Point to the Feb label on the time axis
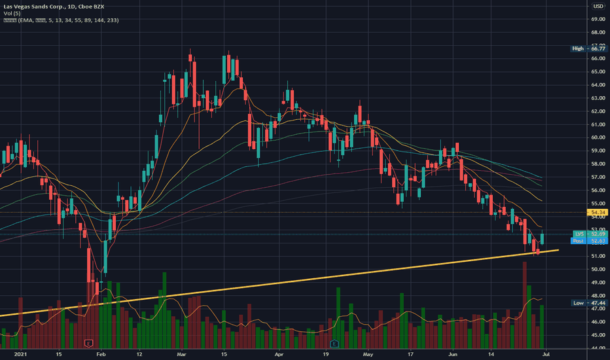(x=100, y=353)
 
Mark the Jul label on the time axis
(x=546, y=353)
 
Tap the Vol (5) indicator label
(x=12, y=14)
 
